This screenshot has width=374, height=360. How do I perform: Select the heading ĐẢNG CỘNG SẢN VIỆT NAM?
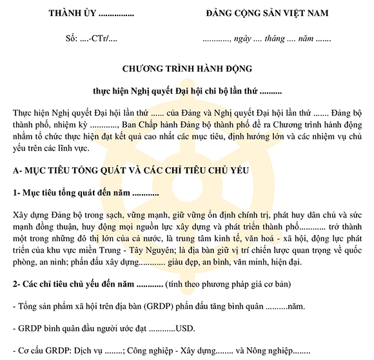coord(266,13)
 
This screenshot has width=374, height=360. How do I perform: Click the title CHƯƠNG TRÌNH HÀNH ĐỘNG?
coord(186,68)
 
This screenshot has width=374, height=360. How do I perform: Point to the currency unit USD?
coord(186,328)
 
